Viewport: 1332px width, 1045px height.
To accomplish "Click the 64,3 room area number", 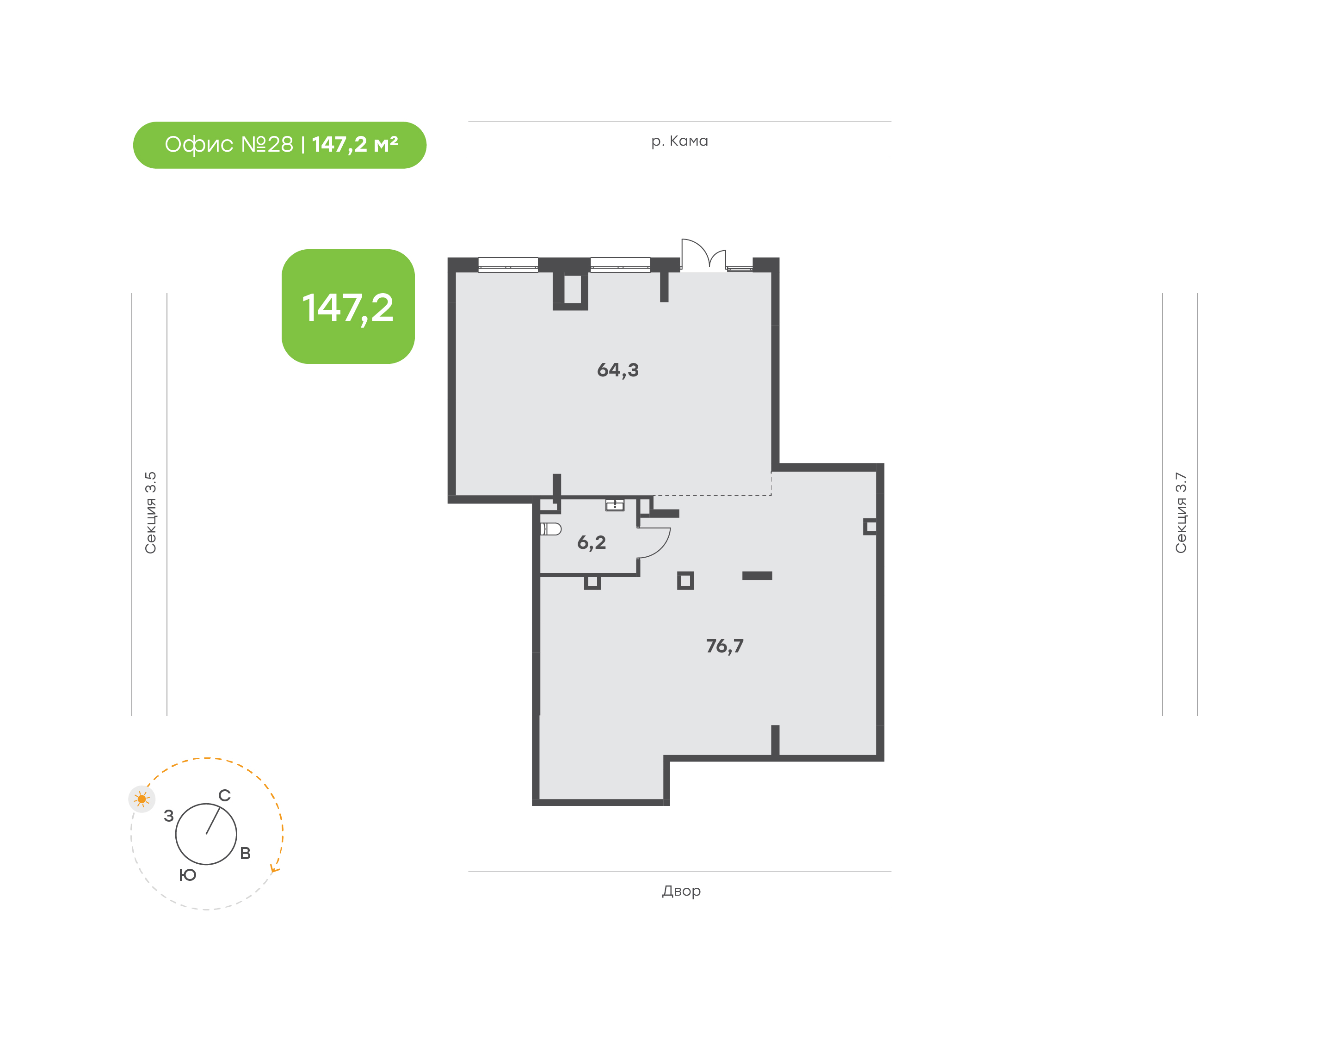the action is pyautogui.click(x=617, y=370).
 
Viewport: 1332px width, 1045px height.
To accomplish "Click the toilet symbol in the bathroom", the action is pyautogui.click(x=551, y=529).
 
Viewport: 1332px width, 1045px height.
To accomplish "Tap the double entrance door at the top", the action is pyautogui.click(x=703, y=254).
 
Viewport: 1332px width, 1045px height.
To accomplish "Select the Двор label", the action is pyautogui.click(x=681, y=891).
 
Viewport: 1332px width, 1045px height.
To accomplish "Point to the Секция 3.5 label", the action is pyautogui.click(x=150, y=513).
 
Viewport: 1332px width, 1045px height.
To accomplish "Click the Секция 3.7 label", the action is pyautogui.click(x=1180, y=513).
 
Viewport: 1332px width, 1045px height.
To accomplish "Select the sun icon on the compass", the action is pyautogui.click(x=142, y=799).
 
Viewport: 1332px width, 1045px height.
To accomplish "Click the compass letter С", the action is pyautogui.click(x=225, y=795).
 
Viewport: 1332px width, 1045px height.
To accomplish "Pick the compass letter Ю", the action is pyautogui.click(x=188, y=875).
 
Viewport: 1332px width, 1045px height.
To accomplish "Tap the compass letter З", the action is pyautogui.click(x=169, y=816).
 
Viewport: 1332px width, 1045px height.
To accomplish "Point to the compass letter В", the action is pyautogui.click(x=245, y=854).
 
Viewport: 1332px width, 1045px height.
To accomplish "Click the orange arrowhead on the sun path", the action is pyautogui.click(x=275, y=869).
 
